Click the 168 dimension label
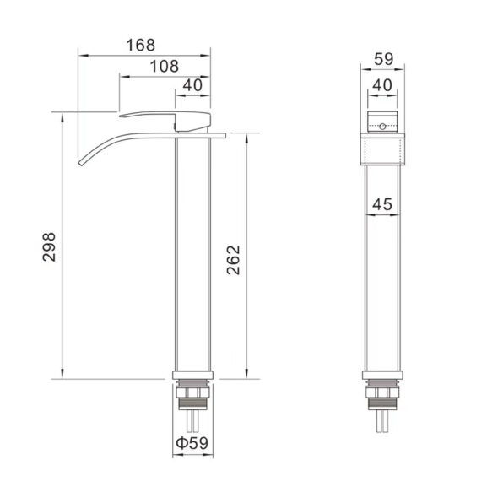click(141, 45)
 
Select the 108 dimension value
click(165, 66)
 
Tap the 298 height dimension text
click(49, 247)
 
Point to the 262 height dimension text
click(233, 260)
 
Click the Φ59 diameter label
click(192, 443)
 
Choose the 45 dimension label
click(382, 204)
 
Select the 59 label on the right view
click(383, 59)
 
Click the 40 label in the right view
click(382, 84)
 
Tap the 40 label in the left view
click(192, 85)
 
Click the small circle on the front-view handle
click(382, 127)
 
